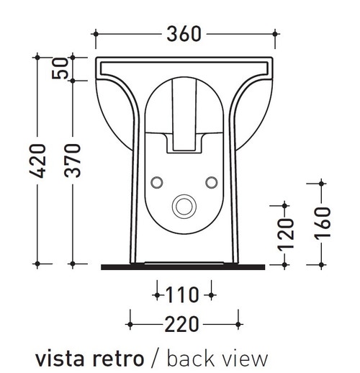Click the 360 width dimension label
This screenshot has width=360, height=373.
click(x=184, y=33)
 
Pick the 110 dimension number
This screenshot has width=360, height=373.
click(x=184, y=295)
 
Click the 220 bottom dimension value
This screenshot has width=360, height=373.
click(x=184, y=325)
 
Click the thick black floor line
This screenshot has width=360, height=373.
click(x=184, y=266)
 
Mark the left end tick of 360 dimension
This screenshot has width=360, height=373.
click(x=95, y=33)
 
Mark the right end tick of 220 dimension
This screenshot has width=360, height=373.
click(x=238, y=325)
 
